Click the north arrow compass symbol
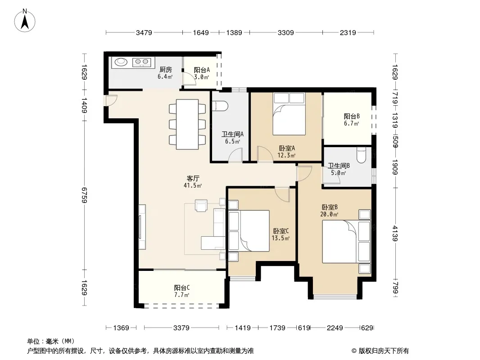tap(25, 21)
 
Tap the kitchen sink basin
tap(121, 62)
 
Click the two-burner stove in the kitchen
tap(141, 63)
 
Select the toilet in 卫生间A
tap(220, 106)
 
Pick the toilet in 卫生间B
tap(362, 155)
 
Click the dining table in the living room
tap(187, 124)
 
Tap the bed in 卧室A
tap(289, 114)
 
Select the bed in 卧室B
tap(346, 241)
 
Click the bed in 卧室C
tap(249, 230)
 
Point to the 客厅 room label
tap(193, 178)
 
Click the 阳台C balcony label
tap(182, 288)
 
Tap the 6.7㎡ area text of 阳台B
tap(351, 124)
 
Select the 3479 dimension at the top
tap(144, 32)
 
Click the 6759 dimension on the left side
tap(85, 195)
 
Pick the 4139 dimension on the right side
tap(395, 234)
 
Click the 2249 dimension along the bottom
tap(335, 328)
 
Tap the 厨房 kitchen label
tap(166, 69)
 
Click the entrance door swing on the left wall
tap(110, 100)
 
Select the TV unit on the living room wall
tap(142, 227)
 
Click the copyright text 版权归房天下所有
tap(384, 351)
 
